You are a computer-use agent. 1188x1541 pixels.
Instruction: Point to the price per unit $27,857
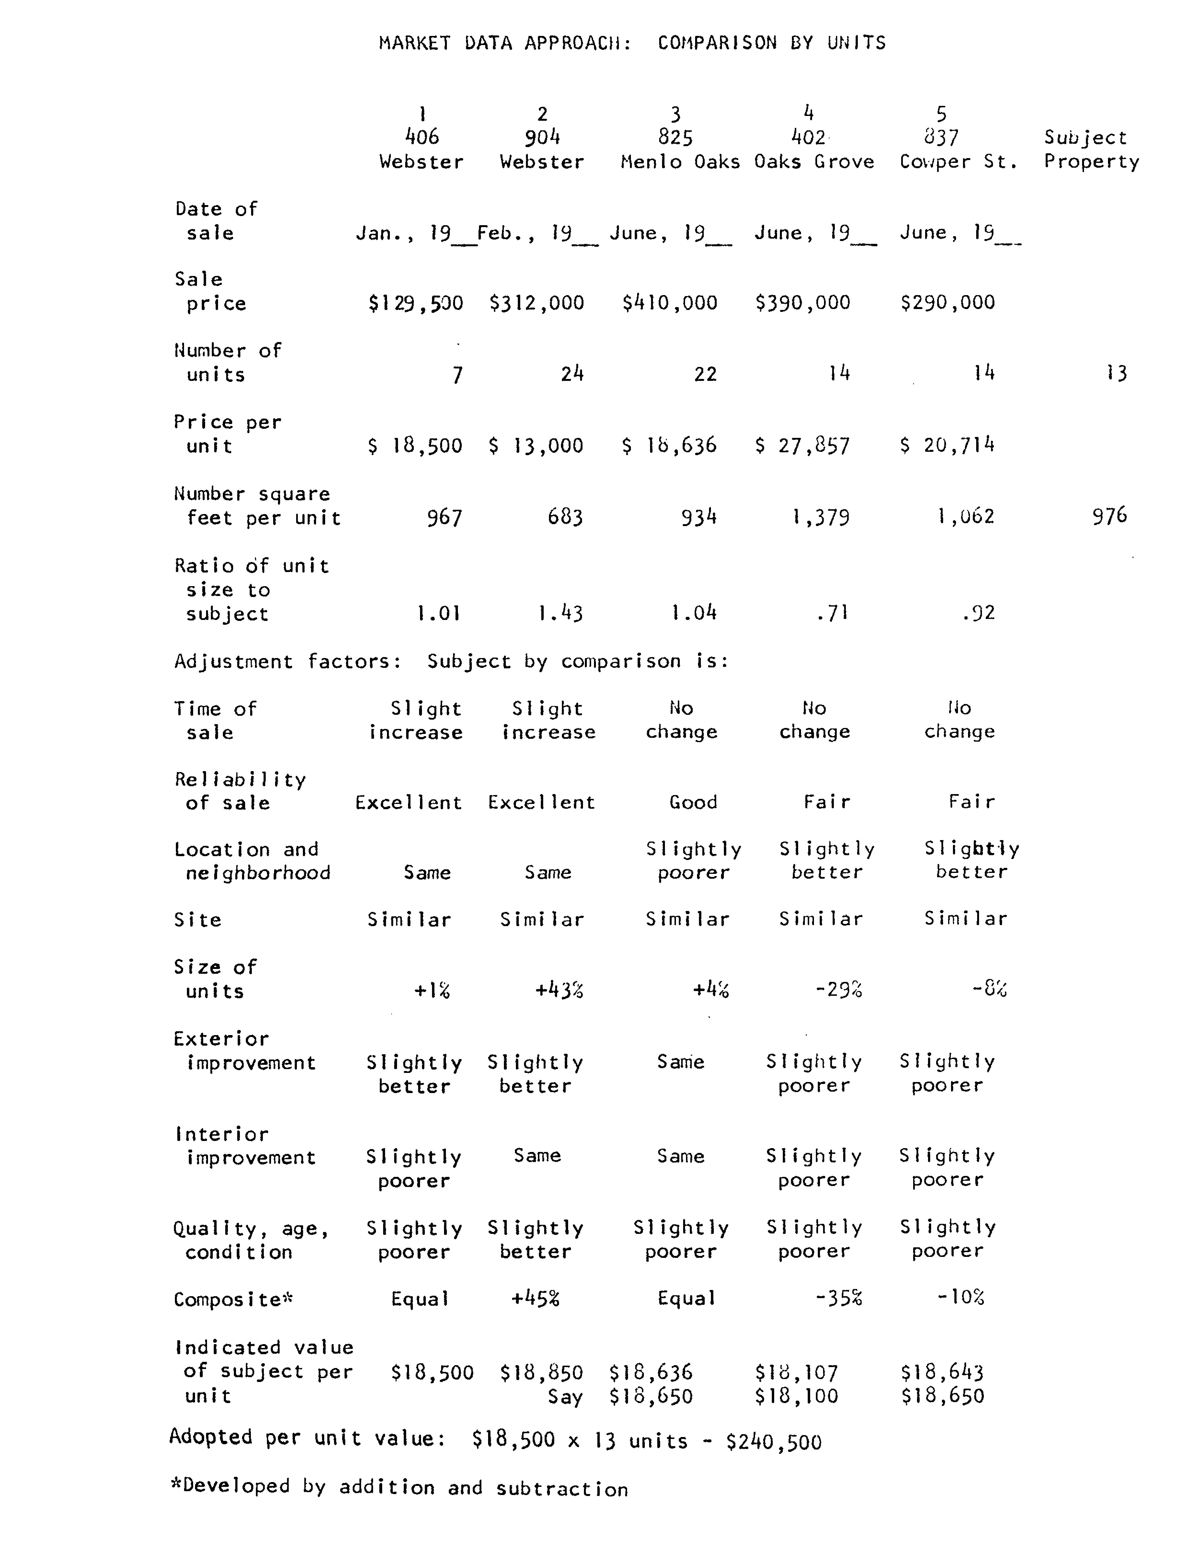tap(803, 446)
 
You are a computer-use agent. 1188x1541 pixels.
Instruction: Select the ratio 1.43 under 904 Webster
tap(560, 613)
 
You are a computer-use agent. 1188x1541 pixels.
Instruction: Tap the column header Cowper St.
tap(958, 162)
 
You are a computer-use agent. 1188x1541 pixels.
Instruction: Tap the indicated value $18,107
tap(796, 1372)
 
